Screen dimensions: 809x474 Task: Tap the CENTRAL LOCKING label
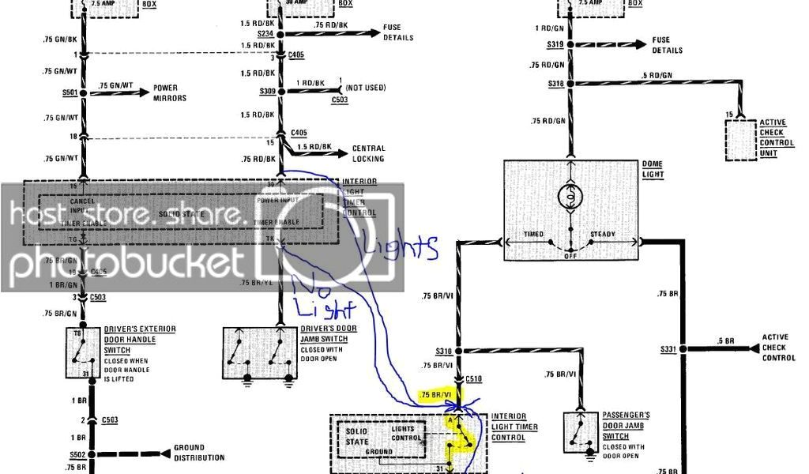pos(368,153)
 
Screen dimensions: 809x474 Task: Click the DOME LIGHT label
pos(653,169)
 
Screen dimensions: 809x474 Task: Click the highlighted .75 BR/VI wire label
pos(436,394)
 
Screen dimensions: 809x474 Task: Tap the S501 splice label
pos(71,92)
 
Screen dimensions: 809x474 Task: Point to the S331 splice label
pos(670,348)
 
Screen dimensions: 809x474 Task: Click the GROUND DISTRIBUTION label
pos(198,453)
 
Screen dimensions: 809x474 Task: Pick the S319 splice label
pos(555,45)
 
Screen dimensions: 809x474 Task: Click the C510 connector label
pos(473,379)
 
